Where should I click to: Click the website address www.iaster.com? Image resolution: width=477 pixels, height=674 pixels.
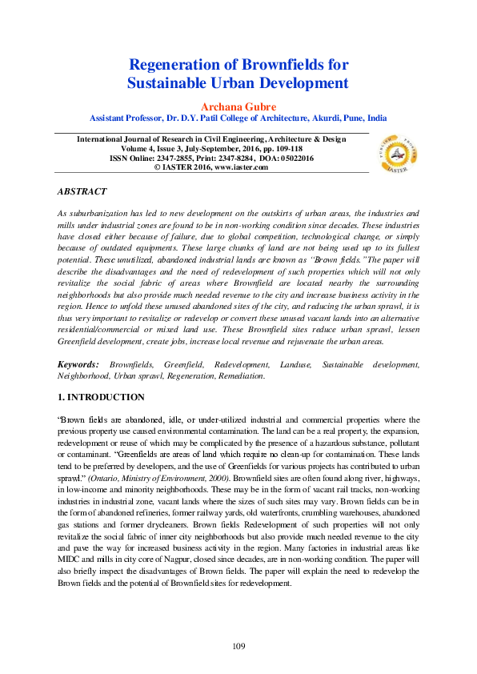(248, 168)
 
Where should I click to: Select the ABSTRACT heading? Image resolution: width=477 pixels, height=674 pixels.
(82, 193)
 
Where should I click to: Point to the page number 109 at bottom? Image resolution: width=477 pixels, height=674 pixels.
(238, 646)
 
